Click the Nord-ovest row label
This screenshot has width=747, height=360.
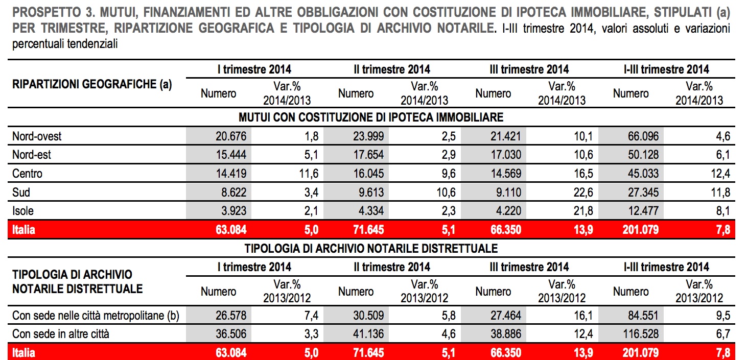pos(37,136)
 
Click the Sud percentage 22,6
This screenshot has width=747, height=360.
pos(583,193)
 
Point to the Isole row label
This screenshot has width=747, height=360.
pos(23,211)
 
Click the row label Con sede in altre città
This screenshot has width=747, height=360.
pos(61,334)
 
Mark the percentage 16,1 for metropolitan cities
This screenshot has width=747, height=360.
pos(583,316)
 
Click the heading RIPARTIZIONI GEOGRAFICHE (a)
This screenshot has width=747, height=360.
pos(91,84)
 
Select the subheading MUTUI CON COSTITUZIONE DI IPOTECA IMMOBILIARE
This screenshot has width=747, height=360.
pos(371,117)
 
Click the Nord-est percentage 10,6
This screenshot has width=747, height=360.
pos(583,155)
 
